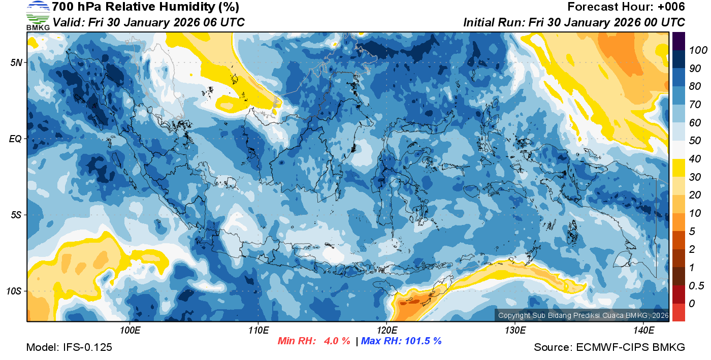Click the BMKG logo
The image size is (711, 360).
click(38, 15)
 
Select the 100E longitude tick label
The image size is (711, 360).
click(130, 331)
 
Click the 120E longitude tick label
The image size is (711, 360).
click(386, 331)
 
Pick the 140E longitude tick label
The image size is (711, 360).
click(643, 331)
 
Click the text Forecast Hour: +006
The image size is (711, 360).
click(626, 7)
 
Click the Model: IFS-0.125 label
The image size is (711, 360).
click(69, 347)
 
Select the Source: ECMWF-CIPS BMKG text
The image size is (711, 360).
click(609, 347)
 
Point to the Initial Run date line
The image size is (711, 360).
click(574, 22)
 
